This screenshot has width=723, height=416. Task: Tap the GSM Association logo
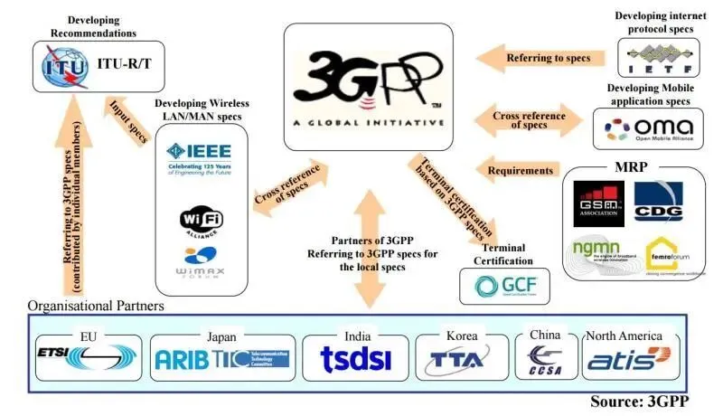(598, 202)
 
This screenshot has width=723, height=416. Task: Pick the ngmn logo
(600, 252)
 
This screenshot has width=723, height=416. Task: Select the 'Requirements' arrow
(518, 169)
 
